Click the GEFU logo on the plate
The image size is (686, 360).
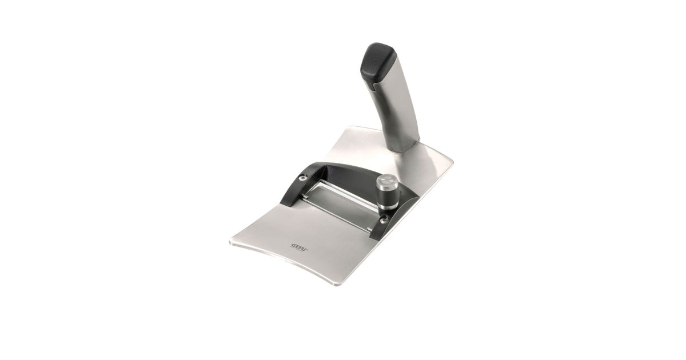(299, 246)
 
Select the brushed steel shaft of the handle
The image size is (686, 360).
(397, 110)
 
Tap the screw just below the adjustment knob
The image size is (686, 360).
(383, 219)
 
